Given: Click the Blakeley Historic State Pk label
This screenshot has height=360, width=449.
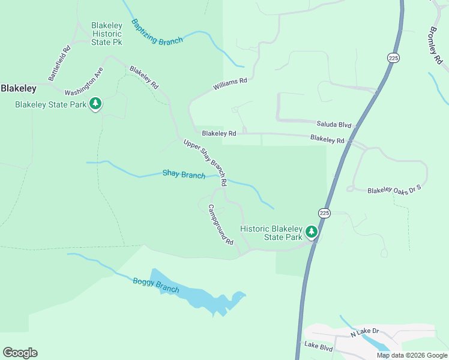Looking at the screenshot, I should pos(107,34).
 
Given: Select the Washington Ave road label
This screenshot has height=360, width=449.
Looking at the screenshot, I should pos(84,85).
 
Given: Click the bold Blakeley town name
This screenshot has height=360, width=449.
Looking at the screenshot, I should pos(19,88).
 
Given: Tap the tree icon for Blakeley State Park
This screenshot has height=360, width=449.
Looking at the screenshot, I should pos(95,104).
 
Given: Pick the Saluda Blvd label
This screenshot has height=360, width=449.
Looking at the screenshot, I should pos(333,124).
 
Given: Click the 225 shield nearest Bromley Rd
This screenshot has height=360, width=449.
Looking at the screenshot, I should pos(393,58).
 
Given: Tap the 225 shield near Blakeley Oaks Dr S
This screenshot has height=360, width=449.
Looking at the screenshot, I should pos(324,213).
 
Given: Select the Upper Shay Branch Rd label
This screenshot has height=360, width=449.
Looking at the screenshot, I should pos(205,162).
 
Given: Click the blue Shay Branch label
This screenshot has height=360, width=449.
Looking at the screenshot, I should pos(184,174).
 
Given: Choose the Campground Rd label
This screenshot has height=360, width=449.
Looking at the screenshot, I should pos(220,224).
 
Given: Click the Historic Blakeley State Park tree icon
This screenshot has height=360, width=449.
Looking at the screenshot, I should pos(311,231).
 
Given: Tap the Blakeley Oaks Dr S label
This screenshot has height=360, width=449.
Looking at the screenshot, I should pos(394,190).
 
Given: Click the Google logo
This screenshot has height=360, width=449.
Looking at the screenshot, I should pos(20,353).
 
